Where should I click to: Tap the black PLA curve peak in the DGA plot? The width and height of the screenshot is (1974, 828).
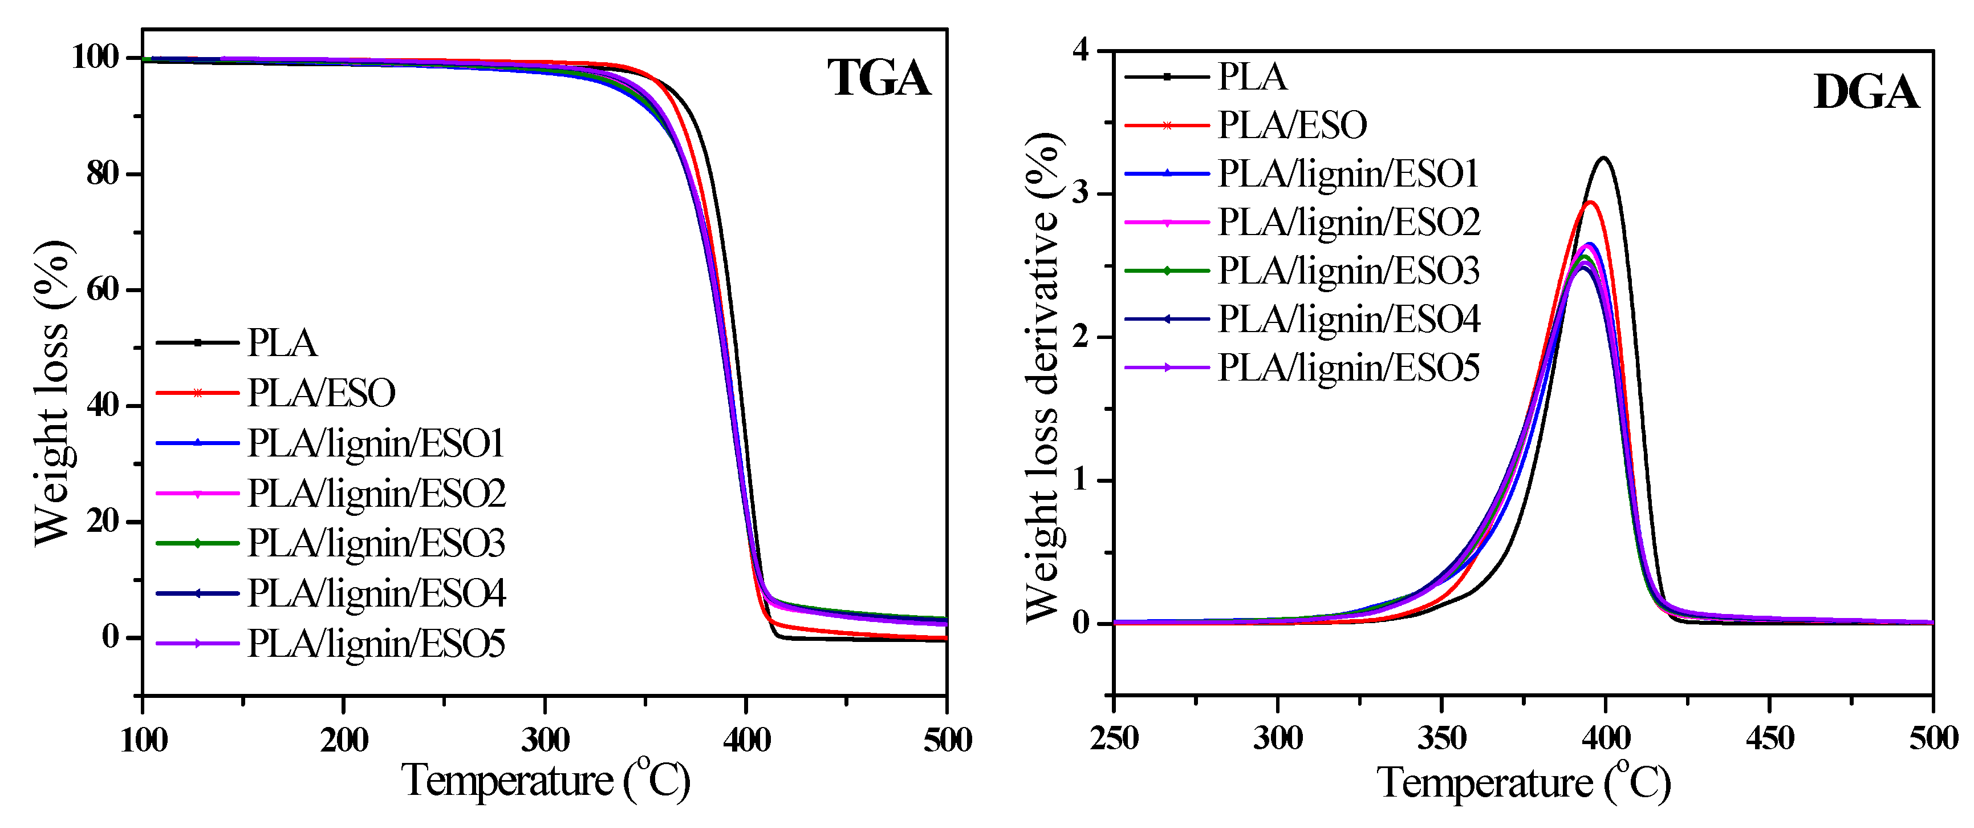click(x=1603, y=158)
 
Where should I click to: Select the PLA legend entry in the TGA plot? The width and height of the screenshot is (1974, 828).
click(x=281, y=343)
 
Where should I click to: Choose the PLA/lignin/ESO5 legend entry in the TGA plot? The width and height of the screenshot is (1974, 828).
click(x=376, y=643)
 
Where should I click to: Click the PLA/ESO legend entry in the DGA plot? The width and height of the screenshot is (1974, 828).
click(x=1292, y=125)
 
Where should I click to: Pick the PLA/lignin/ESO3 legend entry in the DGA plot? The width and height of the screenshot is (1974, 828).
click(x=1349, y=270)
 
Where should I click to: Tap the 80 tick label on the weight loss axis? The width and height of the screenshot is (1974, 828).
click(x=103, y=174)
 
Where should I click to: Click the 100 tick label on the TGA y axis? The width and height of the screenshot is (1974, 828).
click(x=95, y=58)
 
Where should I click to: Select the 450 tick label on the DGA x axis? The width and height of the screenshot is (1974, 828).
click(x=1769, y=739)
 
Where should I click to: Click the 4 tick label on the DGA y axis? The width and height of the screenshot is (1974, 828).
click(x=1081, y=51)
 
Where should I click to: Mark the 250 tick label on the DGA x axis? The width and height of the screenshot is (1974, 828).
click(x=1114, y=739)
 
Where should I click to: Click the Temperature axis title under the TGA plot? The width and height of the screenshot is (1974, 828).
click(x=546, y=781)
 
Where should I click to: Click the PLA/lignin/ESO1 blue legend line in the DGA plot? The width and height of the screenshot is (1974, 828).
click(x=1166, y=174)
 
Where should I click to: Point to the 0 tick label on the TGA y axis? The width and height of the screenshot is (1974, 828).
click(x=111, y=636)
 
